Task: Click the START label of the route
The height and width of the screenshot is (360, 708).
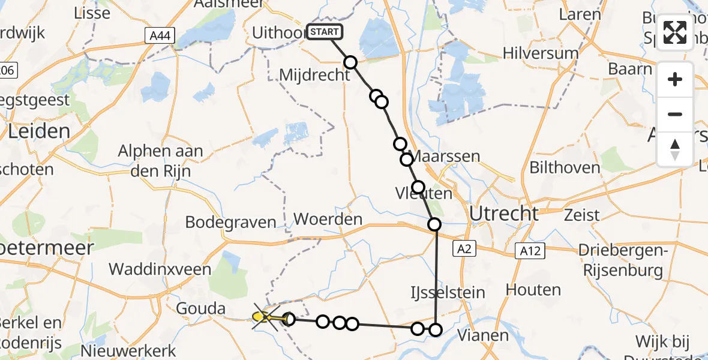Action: click(325, 32)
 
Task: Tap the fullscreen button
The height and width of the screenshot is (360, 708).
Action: click(675, 33)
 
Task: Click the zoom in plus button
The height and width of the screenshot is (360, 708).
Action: click(675, 79)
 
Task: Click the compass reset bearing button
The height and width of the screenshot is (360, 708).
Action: click(675, 149)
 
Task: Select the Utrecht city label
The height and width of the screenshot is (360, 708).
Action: click(504, 213)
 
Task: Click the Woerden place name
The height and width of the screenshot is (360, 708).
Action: click(329, 219)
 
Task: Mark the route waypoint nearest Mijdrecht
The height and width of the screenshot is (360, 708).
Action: click(350, 62)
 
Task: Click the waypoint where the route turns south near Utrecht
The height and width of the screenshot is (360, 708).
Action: click(434, 224)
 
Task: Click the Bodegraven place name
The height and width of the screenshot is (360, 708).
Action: click(231, 222)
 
